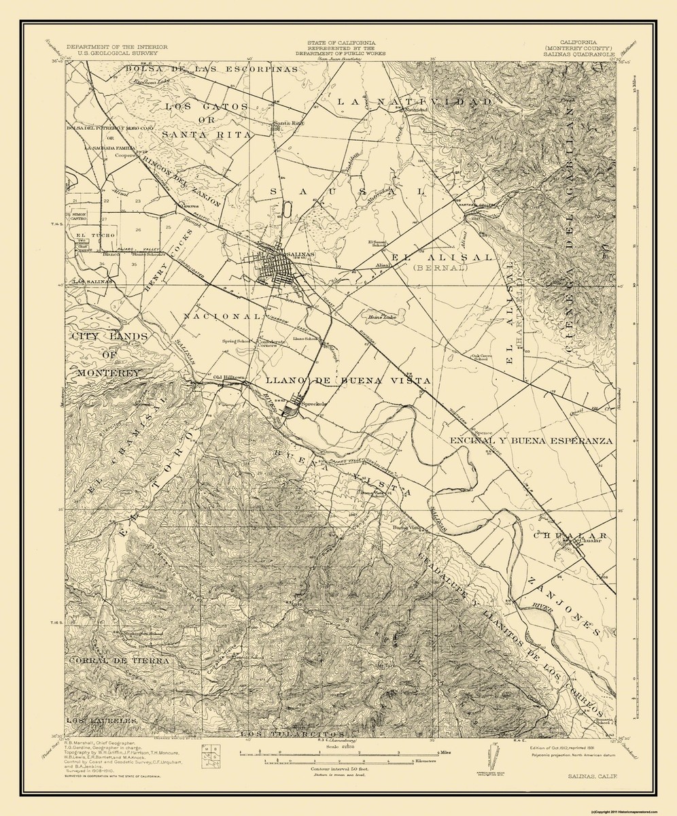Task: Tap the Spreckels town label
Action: [x=315, y=404]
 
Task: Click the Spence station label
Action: [x=483, y=431]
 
